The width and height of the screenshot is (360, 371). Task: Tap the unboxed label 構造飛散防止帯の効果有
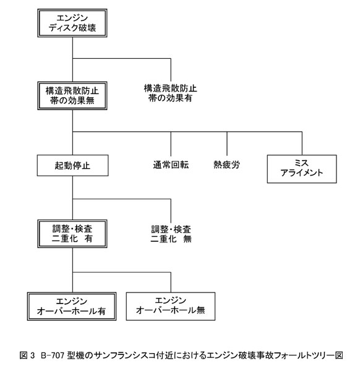point(171,93)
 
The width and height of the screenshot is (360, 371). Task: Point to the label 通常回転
point(171,164)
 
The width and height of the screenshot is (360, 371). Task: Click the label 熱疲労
point(227,164)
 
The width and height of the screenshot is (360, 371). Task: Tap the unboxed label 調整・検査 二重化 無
point(171,234)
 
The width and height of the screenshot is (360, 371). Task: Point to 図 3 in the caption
point(27,356)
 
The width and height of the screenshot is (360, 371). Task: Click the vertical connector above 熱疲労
point(227,143)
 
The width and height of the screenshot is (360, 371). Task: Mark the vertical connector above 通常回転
point(171,144)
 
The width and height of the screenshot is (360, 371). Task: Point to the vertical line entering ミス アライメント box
point(302,143)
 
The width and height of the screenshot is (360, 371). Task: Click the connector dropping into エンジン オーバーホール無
point(171,283)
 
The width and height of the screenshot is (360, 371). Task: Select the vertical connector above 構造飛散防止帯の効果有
point(171,70)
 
